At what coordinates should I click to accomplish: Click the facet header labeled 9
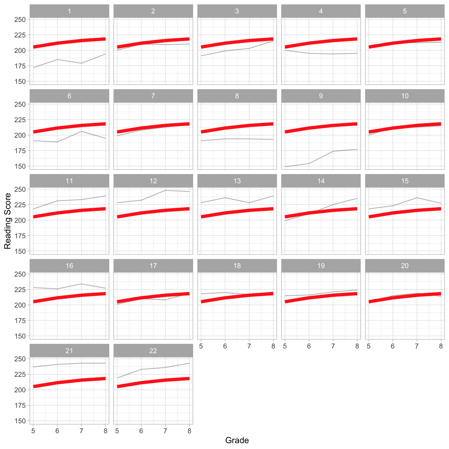321,96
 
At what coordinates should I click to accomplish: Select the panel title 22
153,350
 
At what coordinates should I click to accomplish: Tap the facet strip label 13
237,181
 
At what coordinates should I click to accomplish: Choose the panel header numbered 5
405,11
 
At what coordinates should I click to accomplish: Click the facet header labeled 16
69,266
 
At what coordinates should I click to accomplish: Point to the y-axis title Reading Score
8,221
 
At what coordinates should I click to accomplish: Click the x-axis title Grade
237,440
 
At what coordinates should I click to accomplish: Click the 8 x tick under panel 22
189,431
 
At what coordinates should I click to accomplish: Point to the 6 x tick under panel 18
225,346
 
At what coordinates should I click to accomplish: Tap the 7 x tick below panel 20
417,346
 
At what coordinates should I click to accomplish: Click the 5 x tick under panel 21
33,431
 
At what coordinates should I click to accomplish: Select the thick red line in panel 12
153,213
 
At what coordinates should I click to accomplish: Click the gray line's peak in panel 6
82,132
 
